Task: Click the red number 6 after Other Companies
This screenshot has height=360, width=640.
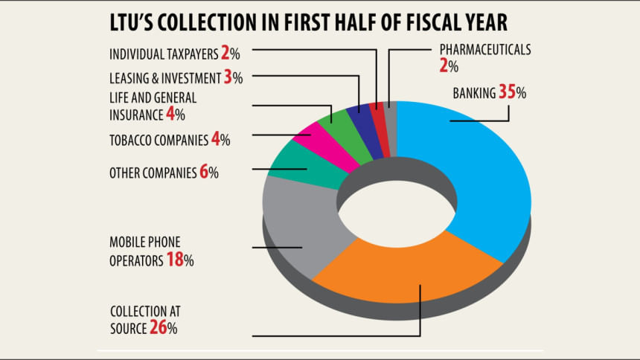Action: tap(203, 172)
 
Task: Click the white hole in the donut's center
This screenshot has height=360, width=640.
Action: tap(397, 206)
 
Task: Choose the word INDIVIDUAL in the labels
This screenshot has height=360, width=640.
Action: tap(135, 54)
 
